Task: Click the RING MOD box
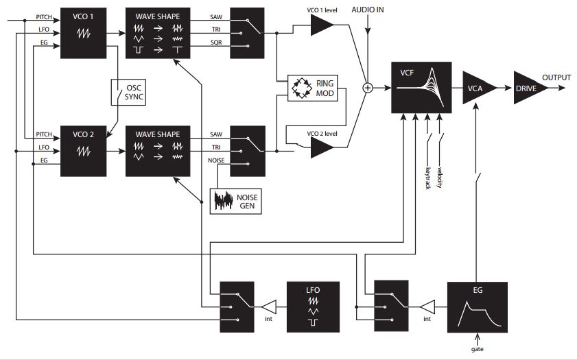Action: click(315, 88)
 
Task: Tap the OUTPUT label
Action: click(556, 77)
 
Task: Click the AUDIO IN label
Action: click(369, 10)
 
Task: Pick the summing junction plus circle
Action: click(368, 88)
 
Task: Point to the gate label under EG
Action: click(478, 349)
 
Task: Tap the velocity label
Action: click(439, 176)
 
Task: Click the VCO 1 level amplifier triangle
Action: click(320, 26)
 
